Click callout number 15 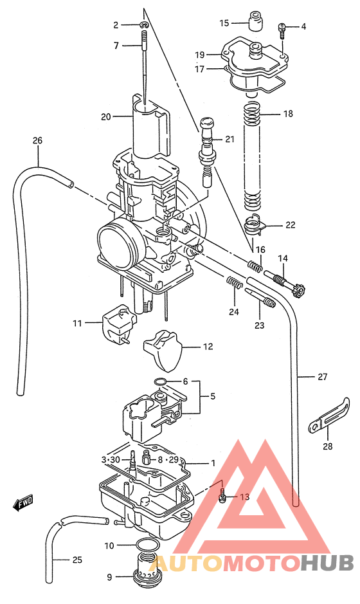(224, 23)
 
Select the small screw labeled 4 (282, 27)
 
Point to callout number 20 (106, 116)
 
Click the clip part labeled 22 (257, 225)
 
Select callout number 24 (234, 312)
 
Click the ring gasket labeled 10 (148, 546)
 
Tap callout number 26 (37, 140)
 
